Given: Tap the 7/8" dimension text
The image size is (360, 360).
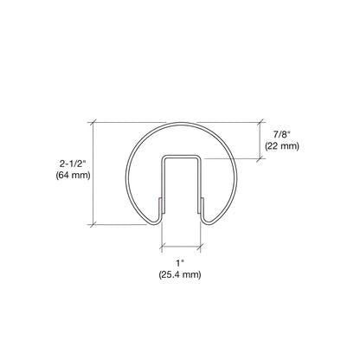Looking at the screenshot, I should (x=281, y=134).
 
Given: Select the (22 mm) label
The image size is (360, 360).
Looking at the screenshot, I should (x=281, y=147).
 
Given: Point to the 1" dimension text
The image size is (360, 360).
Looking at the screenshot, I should (x=179, y=261).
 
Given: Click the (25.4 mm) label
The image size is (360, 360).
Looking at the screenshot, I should (x=179, y=274).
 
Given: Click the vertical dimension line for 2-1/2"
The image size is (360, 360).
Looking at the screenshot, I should (x=94, y=173).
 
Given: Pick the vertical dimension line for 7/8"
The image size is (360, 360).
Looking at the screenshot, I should (x=260, y=140).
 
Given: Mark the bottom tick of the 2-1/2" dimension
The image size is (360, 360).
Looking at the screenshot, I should (x=94, y=224).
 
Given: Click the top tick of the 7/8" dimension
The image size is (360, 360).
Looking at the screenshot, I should (x=260, y=124).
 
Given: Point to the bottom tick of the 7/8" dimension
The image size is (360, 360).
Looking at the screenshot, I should (x=260, y=157).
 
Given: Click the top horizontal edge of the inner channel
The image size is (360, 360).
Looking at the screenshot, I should (x=180, y=157).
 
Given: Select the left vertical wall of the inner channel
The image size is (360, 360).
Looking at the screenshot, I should (x=161, y=186).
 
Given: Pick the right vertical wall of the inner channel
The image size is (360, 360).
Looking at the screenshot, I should (x=200, y=186).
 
